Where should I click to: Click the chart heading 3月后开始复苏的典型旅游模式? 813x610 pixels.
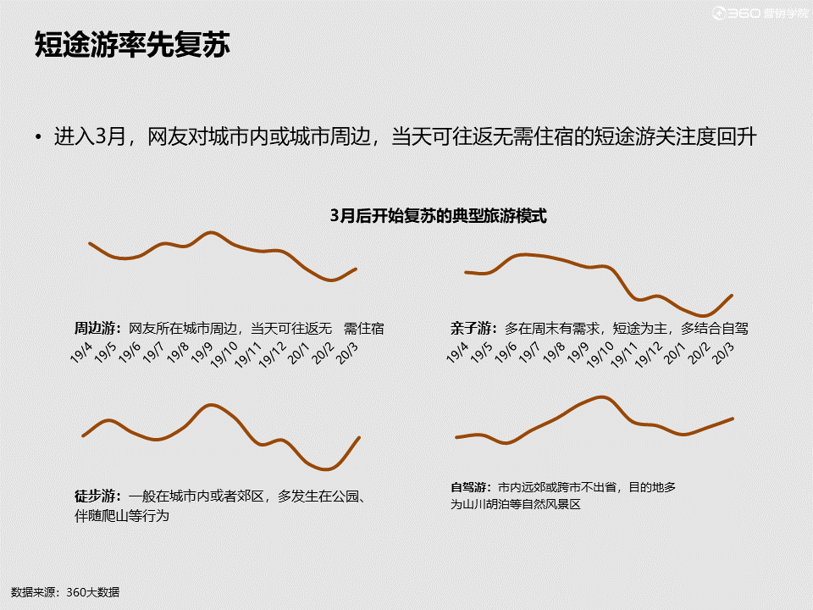439,216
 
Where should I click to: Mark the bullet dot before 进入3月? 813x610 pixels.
38,136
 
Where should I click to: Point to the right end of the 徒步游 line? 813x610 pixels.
360,437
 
